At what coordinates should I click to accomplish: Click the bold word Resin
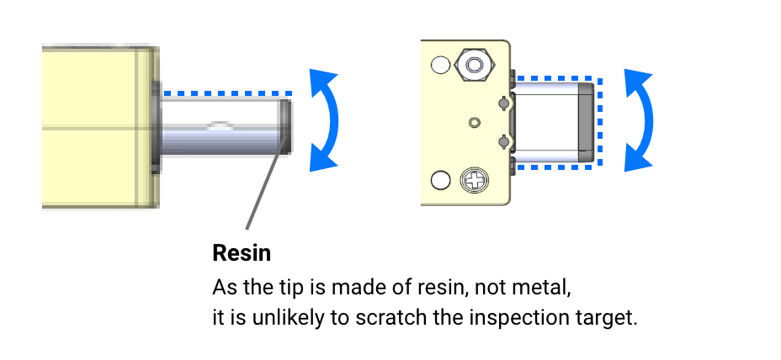[242, 252]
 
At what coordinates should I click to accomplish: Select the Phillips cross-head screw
[474, 179]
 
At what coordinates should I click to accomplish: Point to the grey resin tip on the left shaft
[286, 126]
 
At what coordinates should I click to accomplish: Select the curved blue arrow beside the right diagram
[640, 120]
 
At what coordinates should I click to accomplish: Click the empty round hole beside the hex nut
[439, 65]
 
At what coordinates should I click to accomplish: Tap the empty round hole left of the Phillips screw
[439, 180]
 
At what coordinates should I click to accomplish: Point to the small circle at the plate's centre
[475, 122]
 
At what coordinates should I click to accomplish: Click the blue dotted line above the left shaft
[227, 93]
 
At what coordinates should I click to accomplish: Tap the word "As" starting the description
[223, 288]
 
